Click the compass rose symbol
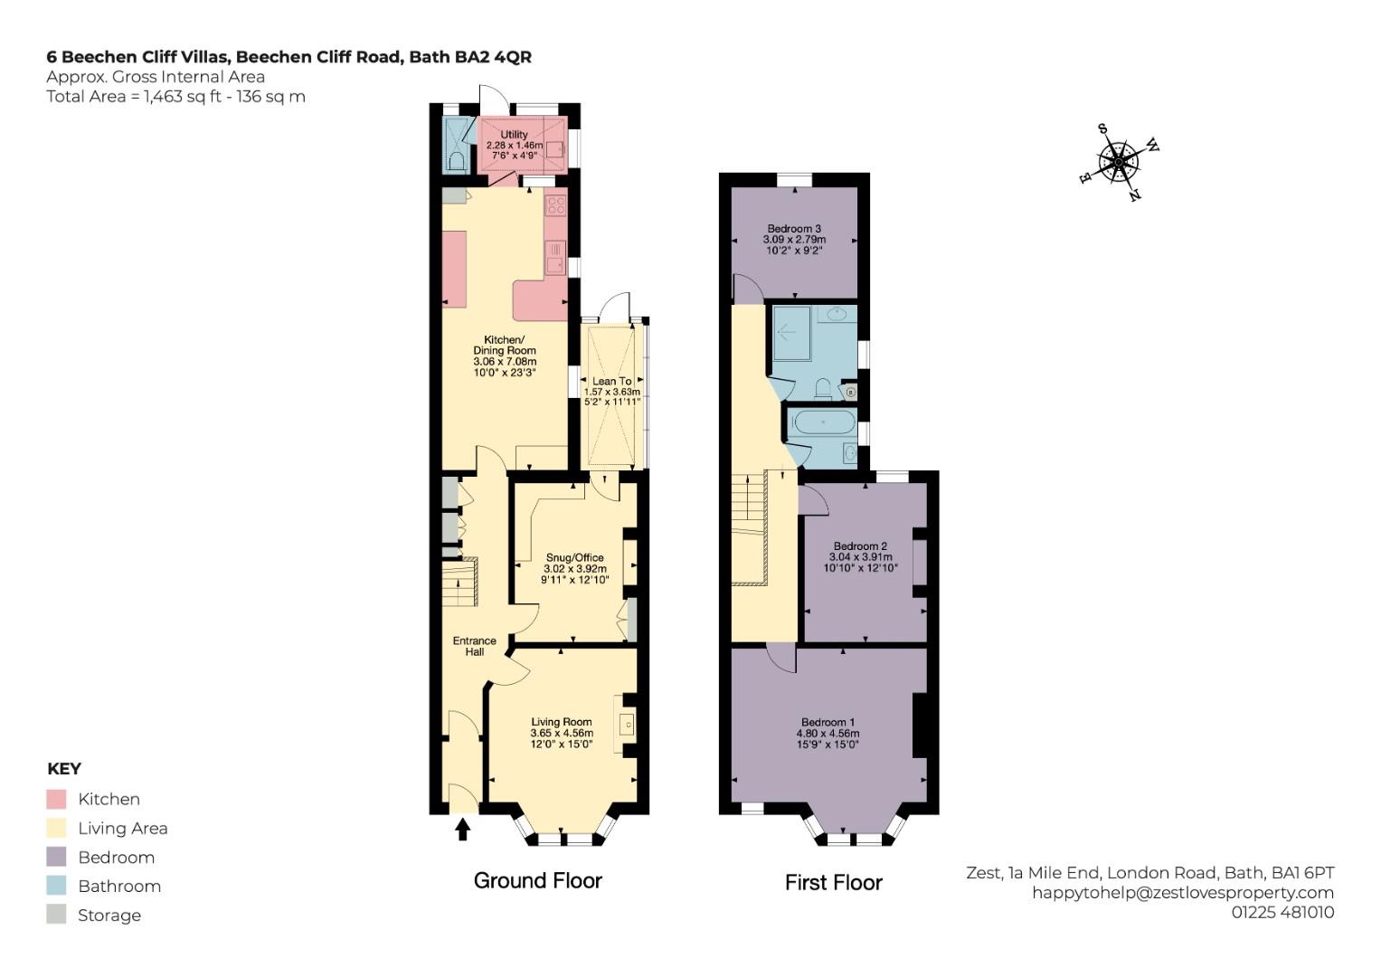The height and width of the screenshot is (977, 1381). tap(1119, 163)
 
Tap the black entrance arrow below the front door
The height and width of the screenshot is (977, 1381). tap(462, 829)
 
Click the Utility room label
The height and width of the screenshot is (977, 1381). tap(515, 135)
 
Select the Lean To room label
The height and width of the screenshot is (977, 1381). tap(611, 381)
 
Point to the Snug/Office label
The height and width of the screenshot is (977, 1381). tap(574, 557)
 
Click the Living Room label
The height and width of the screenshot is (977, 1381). tap(562, 722)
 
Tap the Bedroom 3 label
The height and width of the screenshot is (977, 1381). tap(794, 229)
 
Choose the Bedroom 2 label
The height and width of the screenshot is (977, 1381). tap(860, 545)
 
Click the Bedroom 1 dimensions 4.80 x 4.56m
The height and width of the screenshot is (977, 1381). tap(828, 734)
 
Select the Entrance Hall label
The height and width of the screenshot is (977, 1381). tap(475, 647)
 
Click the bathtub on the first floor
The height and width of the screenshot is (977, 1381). tap(824, 423)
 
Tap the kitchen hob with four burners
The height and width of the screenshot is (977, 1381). tap(555, 205)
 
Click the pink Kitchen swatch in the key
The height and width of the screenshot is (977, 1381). tap(56, 800)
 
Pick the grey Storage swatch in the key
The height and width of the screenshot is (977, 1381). tap(56, 915)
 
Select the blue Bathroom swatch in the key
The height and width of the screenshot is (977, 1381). tap(56, 886)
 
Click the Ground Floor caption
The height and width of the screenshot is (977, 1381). tap(537, 881)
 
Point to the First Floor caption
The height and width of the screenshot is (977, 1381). tap(834, 883)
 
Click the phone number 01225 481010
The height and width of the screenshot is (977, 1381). tap(1283, 912)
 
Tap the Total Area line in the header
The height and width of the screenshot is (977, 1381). tap(175, 97)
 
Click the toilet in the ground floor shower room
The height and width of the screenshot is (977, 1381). tap(457, 162)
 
